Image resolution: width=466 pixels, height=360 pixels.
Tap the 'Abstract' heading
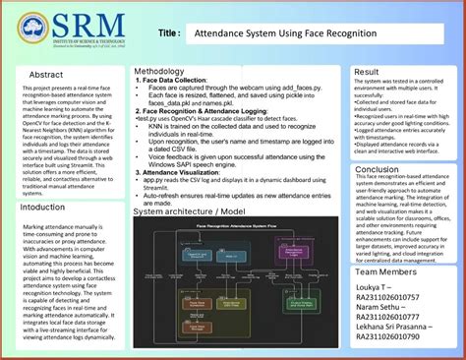pos(46,75)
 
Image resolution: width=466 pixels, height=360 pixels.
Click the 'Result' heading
pos(367,73)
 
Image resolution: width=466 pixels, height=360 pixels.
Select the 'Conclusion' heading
pos(378,169)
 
